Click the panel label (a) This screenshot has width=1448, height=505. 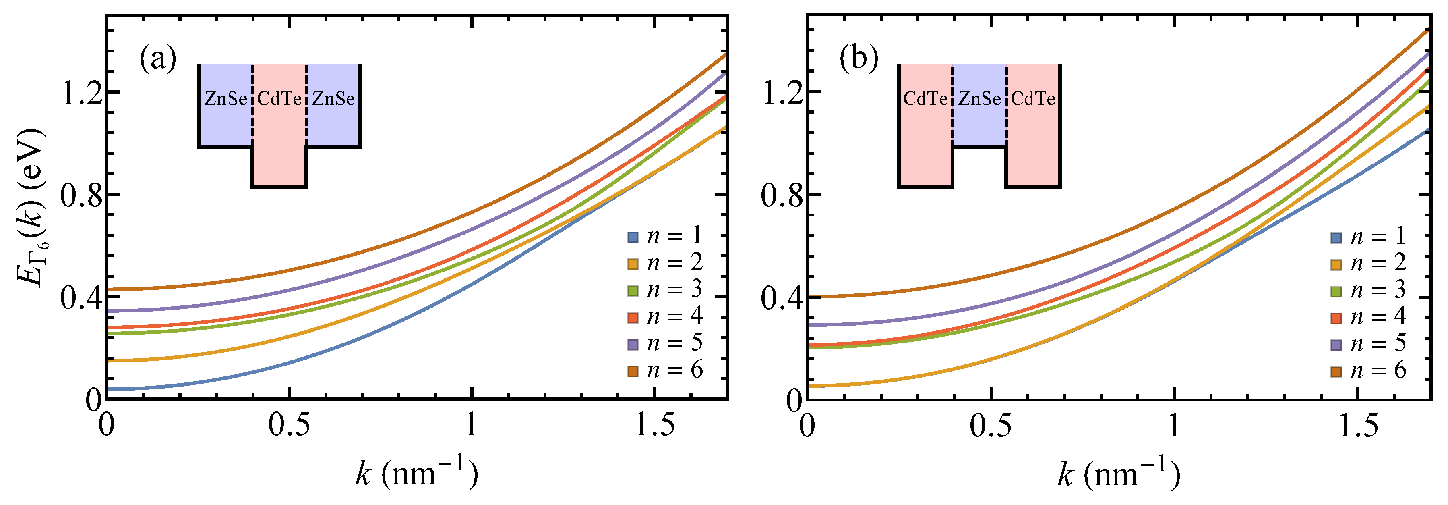[x=158, y=58]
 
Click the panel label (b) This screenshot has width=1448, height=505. [x=858, y=58]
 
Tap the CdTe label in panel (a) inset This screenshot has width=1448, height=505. [x=279, y=99]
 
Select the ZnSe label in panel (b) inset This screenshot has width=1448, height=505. [x=979, y=99]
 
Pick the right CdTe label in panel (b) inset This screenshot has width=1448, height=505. [x=1033, y=99]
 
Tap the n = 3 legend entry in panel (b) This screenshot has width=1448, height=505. [x=1369, y=290]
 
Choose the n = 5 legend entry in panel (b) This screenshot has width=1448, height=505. [x=1369, y=343]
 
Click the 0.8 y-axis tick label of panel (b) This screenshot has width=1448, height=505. [x=782, y=195]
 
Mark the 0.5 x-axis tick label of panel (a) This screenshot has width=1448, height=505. [x=289, y=426]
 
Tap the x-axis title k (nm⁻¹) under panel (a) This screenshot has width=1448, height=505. [x=416, y=474]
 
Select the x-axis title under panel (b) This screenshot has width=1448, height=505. [x=1118, y=474]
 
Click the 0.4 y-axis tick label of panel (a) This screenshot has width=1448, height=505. [x=82, y=298]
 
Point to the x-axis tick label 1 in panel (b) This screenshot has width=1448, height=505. [x=1174, y=426]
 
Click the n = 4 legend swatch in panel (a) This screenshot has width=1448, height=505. [x=633, y=318]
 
